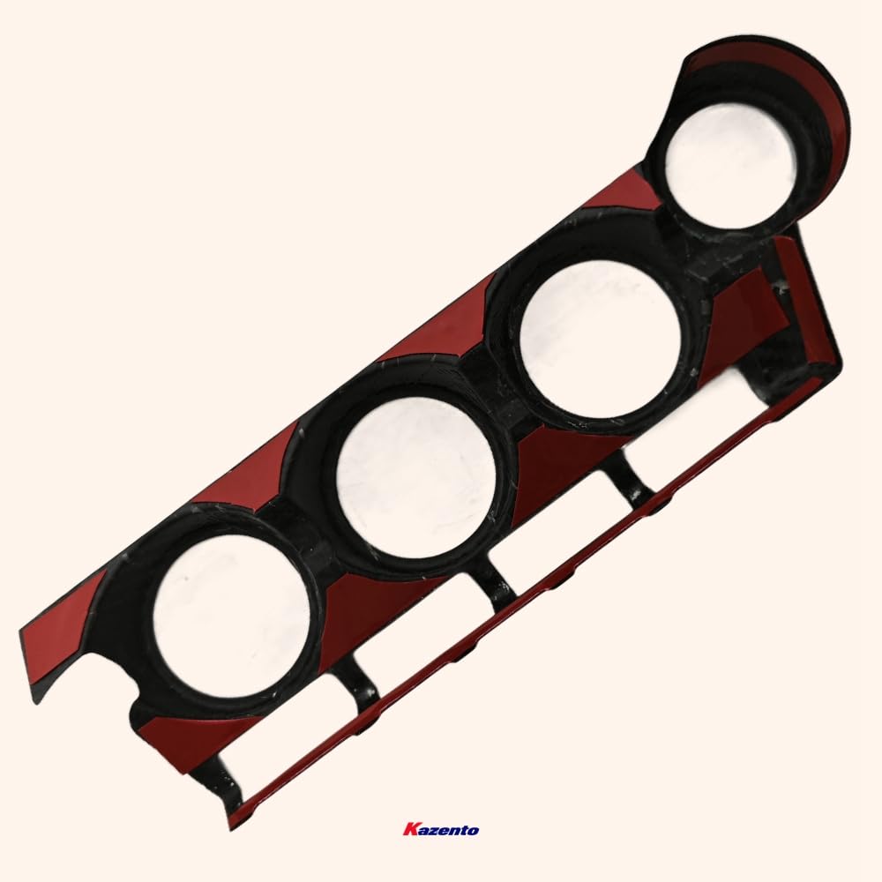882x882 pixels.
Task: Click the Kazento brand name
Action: (x=441, y=830)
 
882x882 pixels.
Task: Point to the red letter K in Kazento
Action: (x=411, y=830)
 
